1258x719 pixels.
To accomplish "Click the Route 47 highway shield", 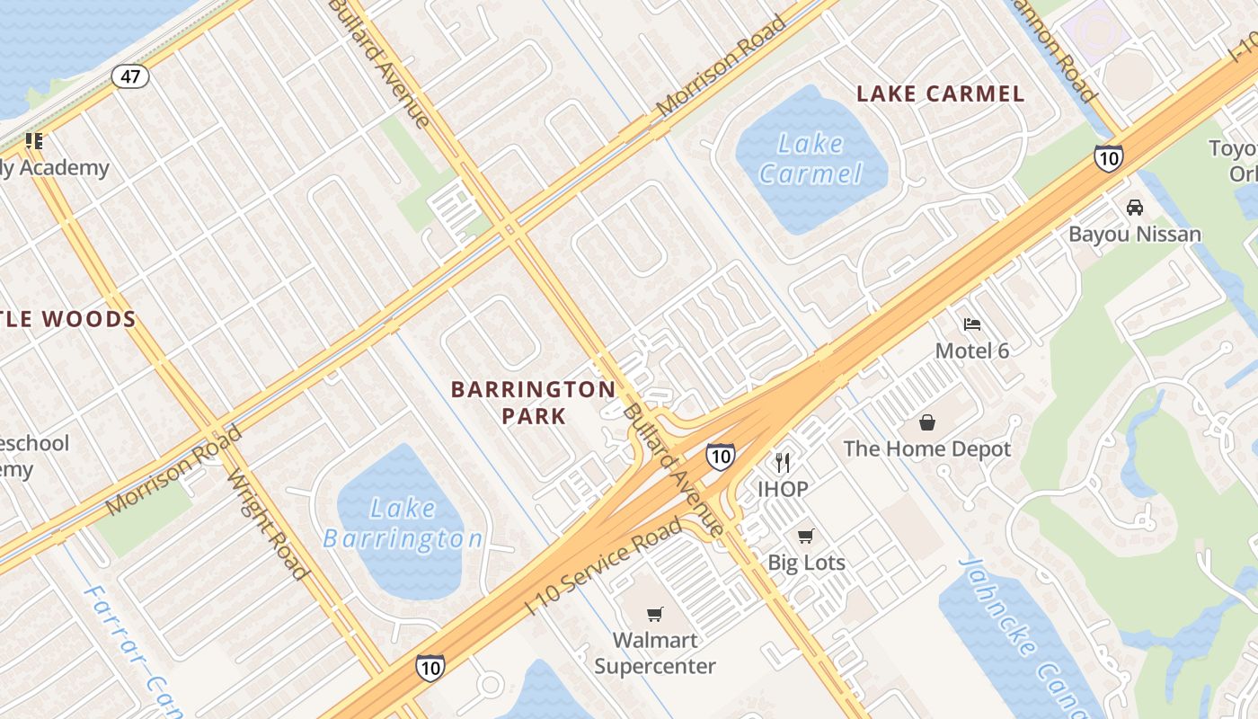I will coord(130,75).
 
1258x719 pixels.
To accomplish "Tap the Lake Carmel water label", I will coord(811,158).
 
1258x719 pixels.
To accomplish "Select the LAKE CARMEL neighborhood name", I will coord(940,93).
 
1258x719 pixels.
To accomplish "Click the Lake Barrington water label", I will coord(403,523).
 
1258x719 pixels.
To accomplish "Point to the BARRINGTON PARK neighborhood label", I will coord(534,402).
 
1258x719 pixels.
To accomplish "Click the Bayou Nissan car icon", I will coord(1135,207).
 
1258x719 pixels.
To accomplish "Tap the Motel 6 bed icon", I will coord(972,324).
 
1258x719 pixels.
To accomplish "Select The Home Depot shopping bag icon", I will coord(927,422).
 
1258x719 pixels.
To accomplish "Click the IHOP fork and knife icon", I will coord(783,463).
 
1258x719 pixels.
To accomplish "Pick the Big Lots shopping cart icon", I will coord(806,536).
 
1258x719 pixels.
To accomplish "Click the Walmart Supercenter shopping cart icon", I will coord(655,615).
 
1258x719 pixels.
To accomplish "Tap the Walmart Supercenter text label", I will coord(655,653).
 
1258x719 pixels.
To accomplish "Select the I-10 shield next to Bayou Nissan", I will coord(1108,157).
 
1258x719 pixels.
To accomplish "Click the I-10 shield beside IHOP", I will coord(720,456).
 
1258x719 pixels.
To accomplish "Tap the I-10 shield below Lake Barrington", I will coord(430,667).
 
